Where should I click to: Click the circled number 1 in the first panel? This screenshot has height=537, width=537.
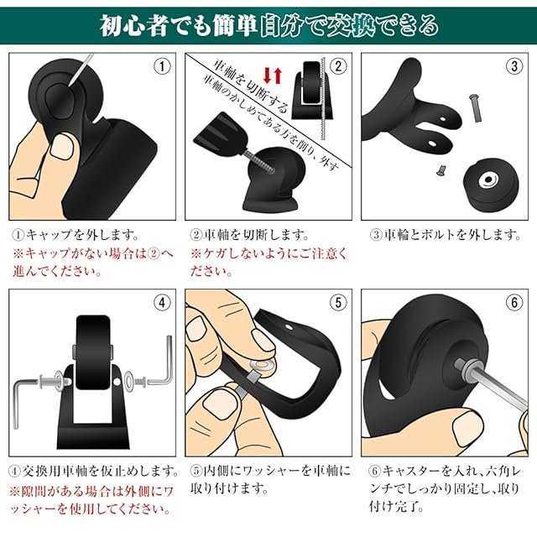click(162, 66)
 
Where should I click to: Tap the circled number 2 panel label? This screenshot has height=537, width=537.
click(338, 66)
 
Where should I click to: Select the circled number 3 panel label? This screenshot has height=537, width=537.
click(514, 66)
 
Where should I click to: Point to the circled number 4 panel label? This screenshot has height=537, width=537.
click(162, 302)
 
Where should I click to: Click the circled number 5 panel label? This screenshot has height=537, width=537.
click(338, 302)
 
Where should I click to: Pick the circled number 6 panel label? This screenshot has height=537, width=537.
click(514, 302)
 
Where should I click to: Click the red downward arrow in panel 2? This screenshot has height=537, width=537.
click(267, 76)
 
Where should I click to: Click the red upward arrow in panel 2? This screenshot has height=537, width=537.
click(278, 76)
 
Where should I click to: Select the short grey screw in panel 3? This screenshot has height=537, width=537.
click(441, 169)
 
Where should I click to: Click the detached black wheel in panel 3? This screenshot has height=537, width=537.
click(490, 182)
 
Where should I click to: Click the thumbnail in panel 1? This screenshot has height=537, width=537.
click(61, 145)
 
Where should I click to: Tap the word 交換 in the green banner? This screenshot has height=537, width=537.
click(350, 26)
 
